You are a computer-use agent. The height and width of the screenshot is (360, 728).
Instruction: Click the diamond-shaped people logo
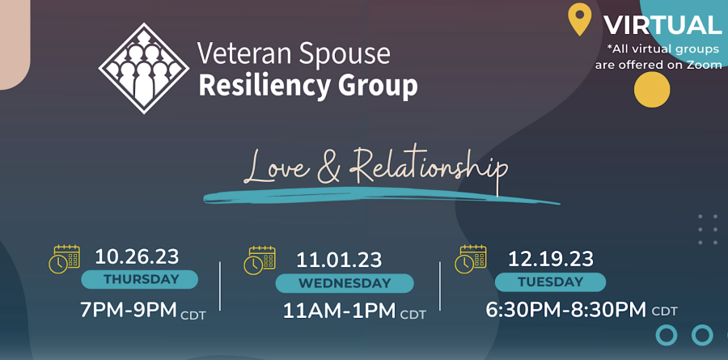click(x=144, y=68)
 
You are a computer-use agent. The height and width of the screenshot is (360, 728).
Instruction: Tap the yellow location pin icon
click(x=580, y=19)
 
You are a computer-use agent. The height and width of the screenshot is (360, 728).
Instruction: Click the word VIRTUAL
click(x=662, y=25)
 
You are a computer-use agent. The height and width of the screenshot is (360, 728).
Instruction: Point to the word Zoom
click(x=704, y=65)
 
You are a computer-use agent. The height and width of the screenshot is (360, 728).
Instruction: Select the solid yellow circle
click(x=652, y=90)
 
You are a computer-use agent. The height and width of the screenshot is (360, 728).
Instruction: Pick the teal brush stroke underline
click(x=382, y=196)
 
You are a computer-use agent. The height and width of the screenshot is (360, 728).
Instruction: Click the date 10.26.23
click(x=137, y=256)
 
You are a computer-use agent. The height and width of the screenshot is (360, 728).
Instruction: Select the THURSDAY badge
click(x=140, y=280)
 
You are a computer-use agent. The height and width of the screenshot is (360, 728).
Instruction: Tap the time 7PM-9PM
click(x=129, y=310)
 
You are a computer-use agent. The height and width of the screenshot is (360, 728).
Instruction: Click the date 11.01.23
click(x=339, y=260)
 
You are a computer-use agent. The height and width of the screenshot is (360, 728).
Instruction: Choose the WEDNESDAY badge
click(x=345, y=283)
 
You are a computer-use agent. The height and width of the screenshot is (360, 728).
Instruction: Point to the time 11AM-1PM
click(x=340, y=311)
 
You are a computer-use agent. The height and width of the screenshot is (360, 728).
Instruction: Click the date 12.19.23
click(x=551, y=259)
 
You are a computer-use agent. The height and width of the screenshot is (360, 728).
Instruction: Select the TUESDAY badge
click(x=550, y=282)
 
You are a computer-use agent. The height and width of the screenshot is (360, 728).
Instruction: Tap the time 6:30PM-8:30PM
click(x=566, y=309)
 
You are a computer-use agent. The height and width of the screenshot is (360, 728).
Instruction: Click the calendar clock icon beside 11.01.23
click(x=260, y=260)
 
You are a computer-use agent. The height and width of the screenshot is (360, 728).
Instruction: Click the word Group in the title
click(x=378, y=86)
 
